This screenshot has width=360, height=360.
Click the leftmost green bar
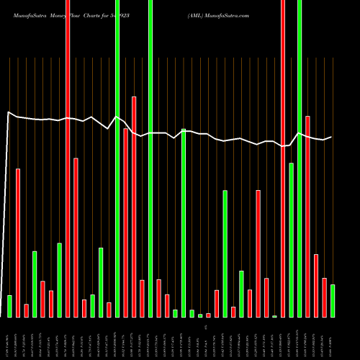click(9, 306)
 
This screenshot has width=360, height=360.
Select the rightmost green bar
click(333, 301)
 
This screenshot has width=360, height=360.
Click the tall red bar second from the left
click(18, 243)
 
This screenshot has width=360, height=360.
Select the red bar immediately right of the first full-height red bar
click(76, 238)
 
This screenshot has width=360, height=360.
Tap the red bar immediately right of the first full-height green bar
click(125, 222)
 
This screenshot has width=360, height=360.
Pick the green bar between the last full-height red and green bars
click(291, 240)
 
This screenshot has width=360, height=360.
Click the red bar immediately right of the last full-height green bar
click(307, 216)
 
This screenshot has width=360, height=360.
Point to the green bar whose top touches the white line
click(184, 223)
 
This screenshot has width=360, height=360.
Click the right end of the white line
click(331, 137)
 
